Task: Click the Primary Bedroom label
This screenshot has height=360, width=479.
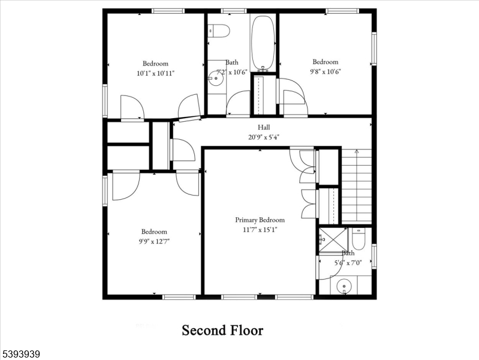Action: click(x=260, y=220)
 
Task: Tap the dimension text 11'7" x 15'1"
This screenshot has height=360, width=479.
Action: click(x=260, y=229)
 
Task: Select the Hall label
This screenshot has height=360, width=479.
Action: click(x=264, y=127)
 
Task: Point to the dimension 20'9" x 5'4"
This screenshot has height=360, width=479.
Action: click(x=264, y=136)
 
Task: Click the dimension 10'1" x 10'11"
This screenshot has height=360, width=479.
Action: click(x=155, y=73)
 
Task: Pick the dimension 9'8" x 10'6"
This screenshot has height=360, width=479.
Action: click(x=325, y=71)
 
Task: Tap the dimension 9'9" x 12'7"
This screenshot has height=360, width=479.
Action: click(x=154, y=241)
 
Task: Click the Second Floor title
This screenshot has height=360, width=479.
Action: click(x=222, y=330)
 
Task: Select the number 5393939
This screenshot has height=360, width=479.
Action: click(x=20, y=354)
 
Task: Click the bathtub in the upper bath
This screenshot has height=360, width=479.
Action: click(x=263, y=43)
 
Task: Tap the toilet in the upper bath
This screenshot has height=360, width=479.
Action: click(x=219, y=31)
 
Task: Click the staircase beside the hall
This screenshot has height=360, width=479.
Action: click(x=356, y=186)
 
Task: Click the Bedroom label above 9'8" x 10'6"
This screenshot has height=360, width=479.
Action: click(x=325, y=62)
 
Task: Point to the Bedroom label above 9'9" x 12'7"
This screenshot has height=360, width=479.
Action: click(x=154, y=232)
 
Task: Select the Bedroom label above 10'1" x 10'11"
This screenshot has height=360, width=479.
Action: click(x=155, y=64)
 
